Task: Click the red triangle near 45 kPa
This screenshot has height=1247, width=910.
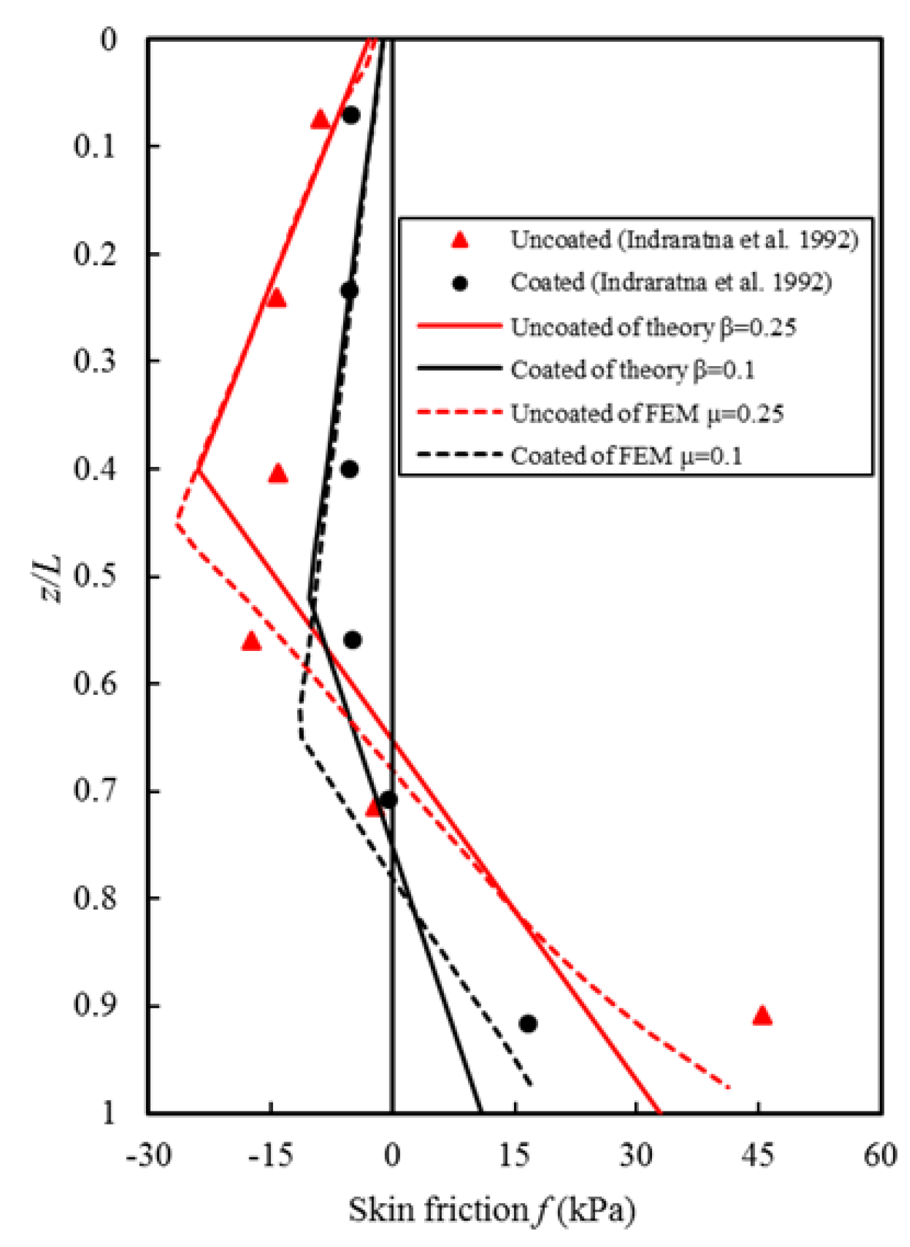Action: click(762, 1016)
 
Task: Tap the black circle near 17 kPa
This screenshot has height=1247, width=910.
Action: click(528, 1023)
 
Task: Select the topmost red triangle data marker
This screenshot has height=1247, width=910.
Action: click(319, 119)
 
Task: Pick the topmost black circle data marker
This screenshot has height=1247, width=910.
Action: click(351, 115)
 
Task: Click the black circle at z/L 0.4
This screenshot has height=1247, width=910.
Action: click(350, 469)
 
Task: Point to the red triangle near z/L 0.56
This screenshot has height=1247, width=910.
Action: click(251, 641)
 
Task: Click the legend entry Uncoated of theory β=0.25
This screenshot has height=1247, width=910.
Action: click(653, 327)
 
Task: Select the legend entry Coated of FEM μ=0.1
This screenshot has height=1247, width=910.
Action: click(627, 456)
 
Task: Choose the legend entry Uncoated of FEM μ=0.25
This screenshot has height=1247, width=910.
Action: click(647, 413)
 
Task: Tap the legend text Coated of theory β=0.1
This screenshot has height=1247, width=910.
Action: click(632, 370)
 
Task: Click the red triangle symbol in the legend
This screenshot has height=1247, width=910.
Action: click(460, 240)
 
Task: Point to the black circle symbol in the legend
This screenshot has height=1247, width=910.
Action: click(460, 283)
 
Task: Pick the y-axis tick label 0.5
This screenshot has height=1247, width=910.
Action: click(94, 576)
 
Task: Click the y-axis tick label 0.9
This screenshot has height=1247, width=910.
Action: click(94, 1005)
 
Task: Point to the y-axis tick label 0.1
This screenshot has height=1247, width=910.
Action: click(94, 145)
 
